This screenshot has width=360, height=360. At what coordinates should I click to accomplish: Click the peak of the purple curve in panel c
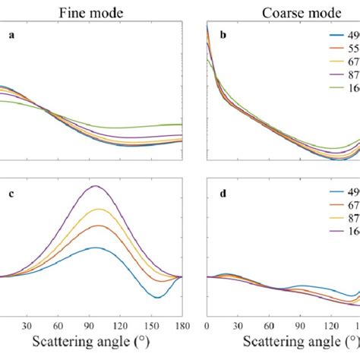tap(95, 185)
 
